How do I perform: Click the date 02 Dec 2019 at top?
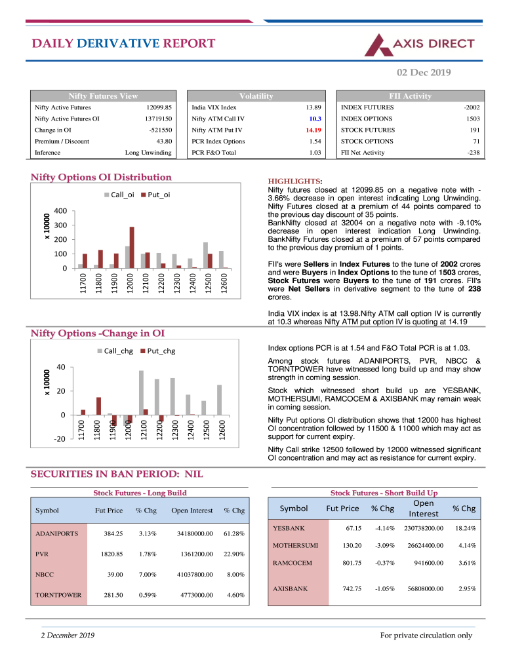[424, 72]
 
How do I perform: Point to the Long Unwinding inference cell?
[148, 152]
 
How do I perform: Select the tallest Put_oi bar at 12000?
[132, 247]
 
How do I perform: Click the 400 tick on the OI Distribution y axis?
[60, 211]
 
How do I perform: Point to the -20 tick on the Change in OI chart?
[60, 439]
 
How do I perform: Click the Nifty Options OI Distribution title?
[102, 177]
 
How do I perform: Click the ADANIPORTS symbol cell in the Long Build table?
[56, 533]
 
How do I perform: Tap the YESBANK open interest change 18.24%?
[465, 528]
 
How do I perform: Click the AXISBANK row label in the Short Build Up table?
[290, 588]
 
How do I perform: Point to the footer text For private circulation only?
[426, 635]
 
